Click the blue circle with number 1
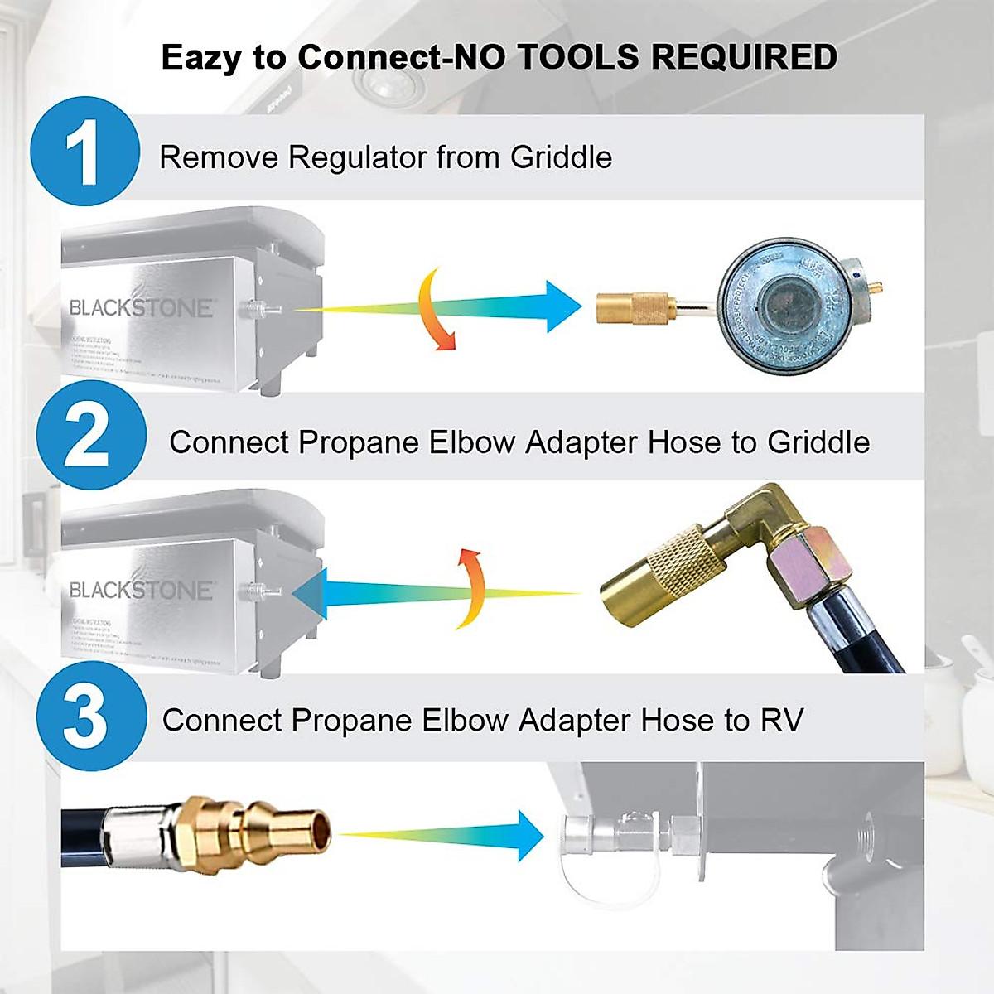[x=84, y=152]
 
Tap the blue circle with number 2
[x=90, y=436]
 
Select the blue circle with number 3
[x=90, y=717]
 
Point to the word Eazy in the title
[x=202, y=58]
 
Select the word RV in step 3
[x=781, y=721]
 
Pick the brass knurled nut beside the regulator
[x=633, y=308]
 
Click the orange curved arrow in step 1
[x=437, y=309]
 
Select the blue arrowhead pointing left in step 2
[x=310, y=594]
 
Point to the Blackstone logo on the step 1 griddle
[x=141, y=308]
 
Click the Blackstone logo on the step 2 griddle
[x=141, y=591]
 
